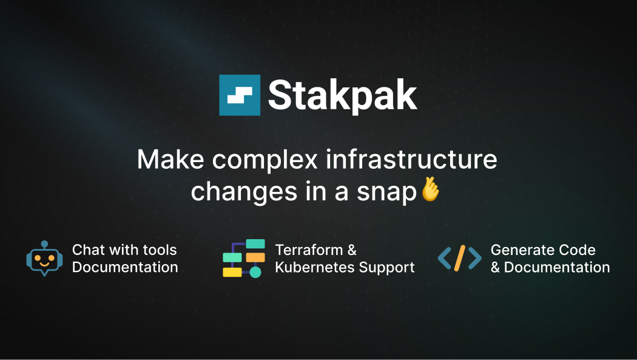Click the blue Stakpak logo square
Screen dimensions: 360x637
click(240, 95)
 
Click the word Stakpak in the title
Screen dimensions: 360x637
click(342, 95)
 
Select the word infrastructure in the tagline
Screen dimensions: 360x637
click(411, 160)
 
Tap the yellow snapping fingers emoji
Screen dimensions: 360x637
click(430, 189)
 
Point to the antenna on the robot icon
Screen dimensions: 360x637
click(44, 244)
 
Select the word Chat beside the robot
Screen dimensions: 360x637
click(88, 250)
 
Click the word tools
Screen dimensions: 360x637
click(160, 250)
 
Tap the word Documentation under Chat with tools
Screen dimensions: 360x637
click(125, 267)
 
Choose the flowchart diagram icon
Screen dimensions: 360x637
click(244, 259)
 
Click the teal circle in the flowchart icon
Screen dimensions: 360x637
click(255, 272)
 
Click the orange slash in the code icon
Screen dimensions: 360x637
click(460, 258)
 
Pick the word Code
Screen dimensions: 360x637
click(579, 250)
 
